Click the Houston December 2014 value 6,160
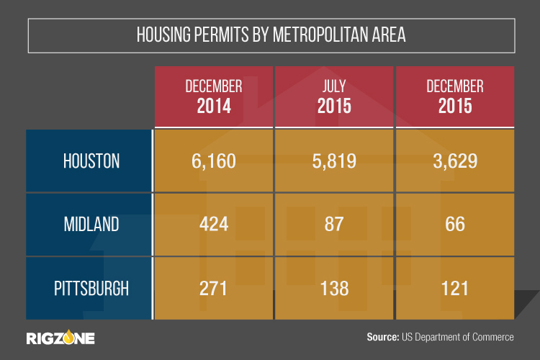213,161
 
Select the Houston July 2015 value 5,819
333,161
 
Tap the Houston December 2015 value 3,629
454,161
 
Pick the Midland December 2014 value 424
213,225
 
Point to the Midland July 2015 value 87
333,225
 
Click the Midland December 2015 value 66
454,225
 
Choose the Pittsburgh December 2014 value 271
213,288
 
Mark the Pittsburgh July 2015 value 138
333,288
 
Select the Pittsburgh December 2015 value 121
454,288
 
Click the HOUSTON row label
89,161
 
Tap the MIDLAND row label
89,225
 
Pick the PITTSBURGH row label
89,288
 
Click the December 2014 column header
213,96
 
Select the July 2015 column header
333,96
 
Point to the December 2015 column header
454,96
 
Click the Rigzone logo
60,337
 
